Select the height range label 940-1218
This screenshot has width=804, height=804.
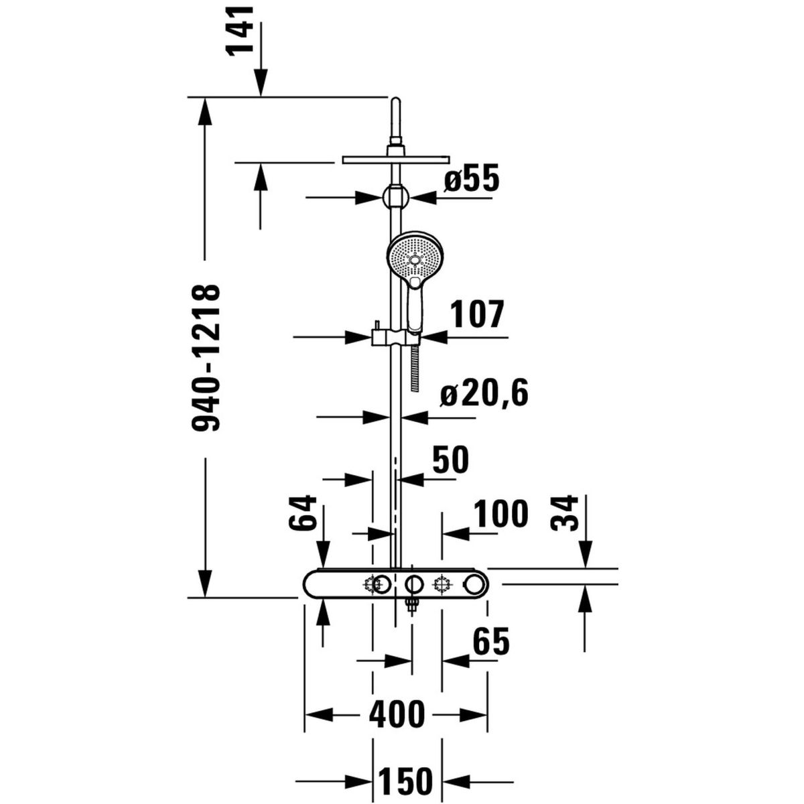click(x=205, y=357)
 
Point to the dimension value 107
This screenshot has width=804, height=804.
click(x=478, y=314)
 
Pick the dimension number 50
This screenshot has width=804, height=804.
click(x=451, y=460)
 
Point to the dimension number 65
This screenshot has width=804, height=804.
click(x=492, y=641)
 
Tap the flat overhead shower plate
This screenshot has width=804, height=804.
click(x=396, y=160)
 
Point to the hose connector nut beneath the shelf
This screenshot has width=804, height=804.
click(x=412, y=605)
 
